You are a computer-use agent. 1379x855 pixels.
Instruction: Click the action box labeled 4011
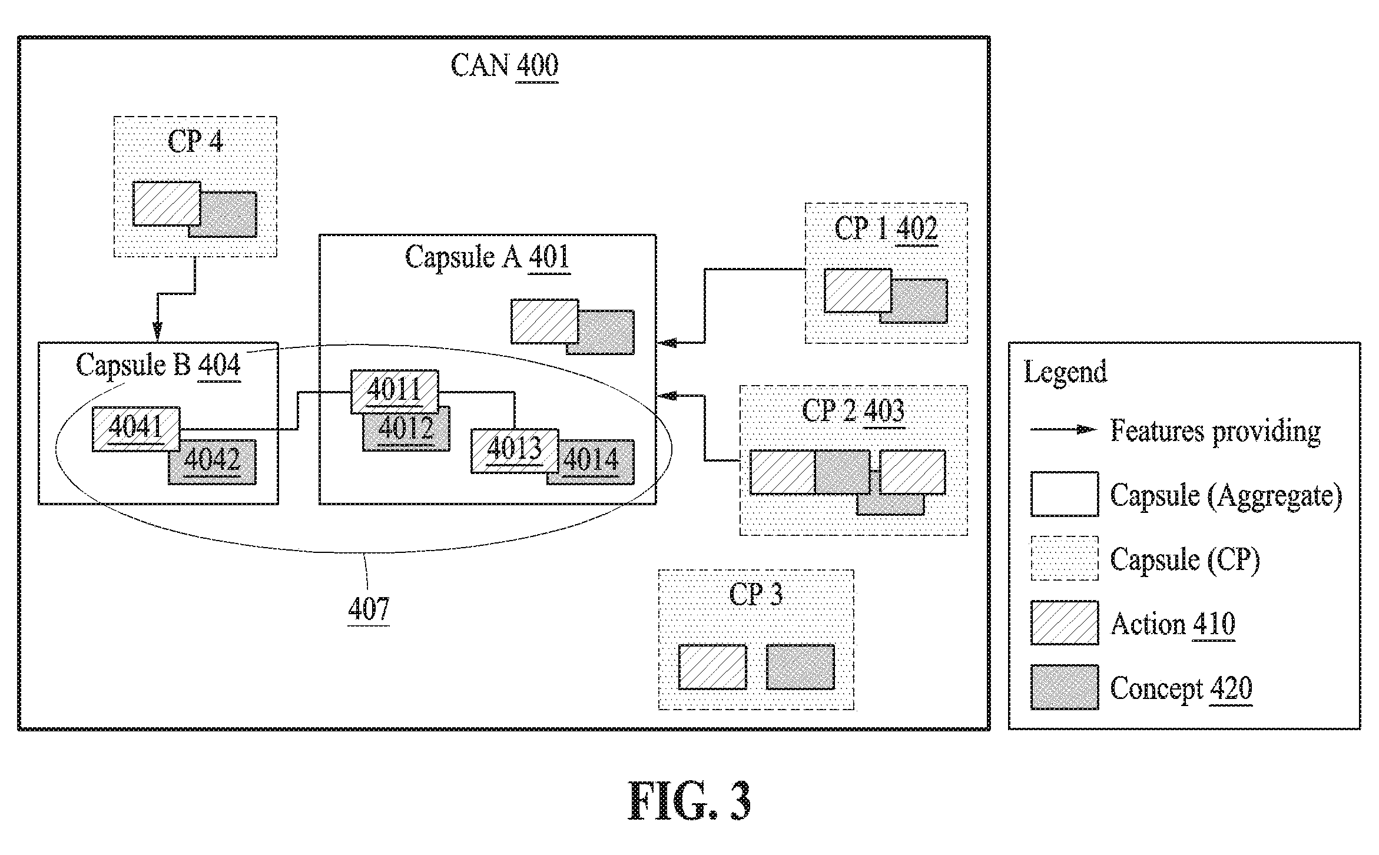[395, 392]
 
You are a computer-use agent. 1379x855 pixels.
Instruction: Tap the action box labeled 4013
[515, 450]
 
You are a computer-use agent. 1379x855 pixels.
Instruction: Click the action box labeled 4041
[136, 429]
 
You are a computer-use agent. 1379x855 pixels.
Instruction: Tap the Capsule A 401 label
[488, 257]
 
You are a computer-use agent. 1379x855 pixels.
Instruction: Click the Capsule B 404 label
[158, 364]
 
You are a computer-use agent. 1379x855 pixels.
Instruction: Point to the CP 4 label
[195, 141]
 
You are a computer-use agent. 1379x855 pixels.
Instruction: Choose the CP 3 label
[756, 594]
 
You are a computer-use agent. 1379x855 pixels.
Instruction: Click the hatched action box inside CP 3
[712, 667]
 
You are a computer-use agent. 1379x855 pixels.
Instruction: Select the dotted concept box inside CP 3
[800, 667]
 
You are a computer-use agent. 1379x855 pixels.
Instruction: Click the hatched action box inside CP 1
[858, 291]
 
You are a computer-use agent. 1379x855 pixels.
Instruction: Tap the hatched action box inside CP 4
[167, 204]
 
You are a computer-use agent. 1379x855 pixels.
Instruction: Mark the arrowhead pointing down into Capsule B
[157, 332]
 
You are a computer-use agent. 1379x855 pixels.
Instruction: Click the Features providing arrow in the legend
[1063, 429]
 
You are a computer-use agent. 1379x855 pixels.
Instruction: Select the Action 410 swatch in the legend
[1065, 623]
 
